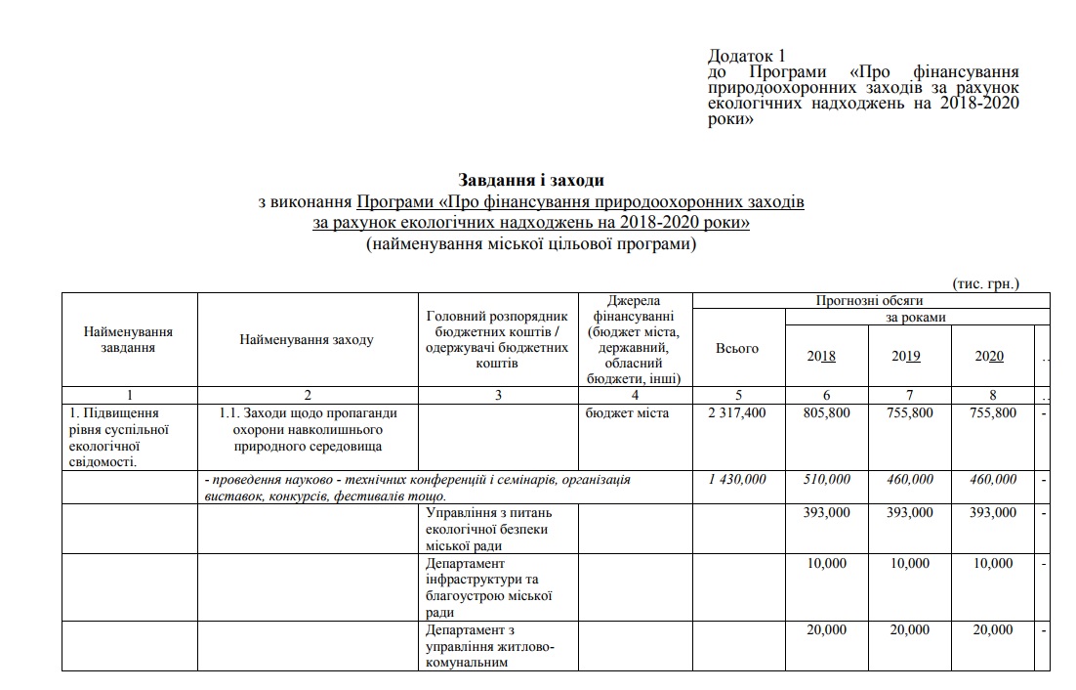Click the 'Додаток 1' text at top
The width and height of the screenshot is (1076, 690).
click(746, 57)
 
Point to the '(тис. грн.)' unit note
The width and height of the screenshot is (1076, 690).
click(985, 283)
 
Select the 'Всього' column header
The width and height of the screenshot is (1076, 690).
click(736, 349)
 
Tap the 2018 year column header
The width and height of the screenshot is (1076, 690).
click(821, 357)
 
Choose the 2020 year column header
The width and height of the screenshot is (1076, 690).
click(989, 357)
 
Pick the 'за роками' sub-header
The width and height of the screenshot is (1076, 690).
click(915, 318)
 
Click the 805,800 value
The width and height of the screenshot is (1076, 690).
click(826, 413)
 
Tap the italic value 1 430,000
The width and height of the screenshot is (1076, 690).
click(736, 480)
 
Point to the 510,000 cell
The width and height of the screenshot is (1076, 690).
click(826, 480)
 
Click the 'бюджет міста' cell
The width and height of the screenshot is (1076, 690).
click(627, 413)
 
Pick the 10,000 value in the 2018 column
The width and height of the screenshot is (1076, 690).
click(827, 564)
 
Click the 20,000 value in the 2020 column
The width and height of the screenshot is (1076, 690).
click(994, 630)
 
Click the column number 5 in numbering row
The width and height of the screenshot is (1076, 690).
click(738, 395)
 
